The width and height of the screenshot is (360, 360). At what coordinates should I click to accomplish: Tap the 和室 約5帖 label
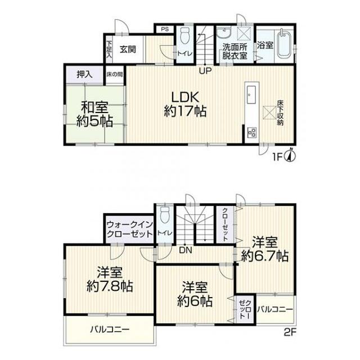[94, 113]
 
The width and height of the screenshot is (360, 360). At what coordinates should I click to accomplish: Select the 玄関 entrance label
[127, 48]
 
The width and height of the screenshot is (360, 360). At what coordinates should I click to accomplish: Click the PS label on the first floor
[165, 30]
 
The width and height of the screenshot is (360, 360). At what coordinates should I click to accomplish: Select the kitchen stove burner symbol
[252, 133]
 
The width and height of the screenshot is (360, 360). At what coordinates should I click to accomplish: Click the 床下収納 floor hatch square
[269, 112]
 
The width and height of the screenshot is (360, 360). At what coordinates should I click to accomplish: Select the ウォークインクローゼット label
[129, 229]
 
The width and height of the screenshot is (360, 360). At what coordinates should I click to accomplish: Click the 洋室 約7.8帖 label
[109, 280]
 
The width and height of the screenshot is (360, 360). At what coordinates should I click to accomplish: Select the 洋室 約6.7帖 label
[265, 250]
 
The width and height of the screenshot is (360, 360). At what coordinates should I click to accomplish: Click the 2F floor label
[289, 331]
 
